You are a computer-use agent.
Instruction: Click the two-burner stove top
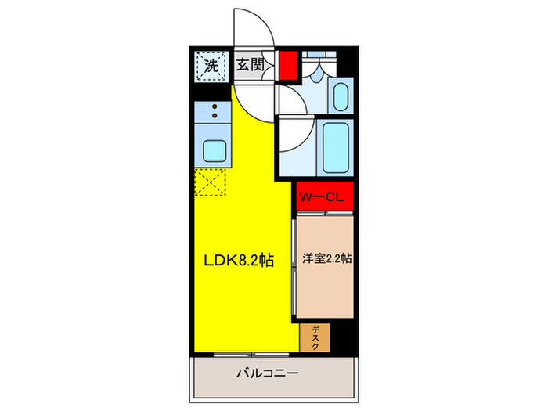tap(211, 114)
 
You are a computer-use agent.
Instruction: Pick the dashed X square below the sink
tap(210, 184)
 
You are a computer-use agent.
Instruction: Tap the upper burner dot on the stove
tap(211, 108)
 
